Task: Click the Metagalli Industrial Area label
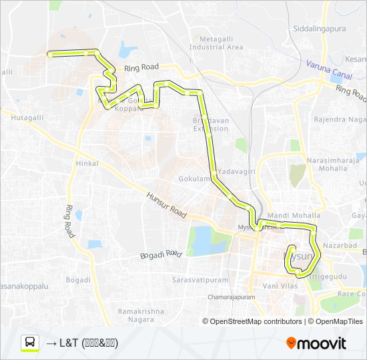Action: point(216,43)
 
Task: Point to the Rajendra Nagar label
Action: point(340,120)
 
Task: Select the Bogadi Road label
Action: point(161,255)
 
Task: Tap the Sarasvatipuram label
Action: point(198,279)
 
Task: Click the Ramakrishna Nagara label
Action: point(140,315)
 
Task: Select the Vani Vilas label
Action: point(280,285)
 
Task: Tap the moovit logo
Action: point(316,343)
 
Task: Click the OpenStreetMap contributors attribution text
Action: point(256,321)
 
